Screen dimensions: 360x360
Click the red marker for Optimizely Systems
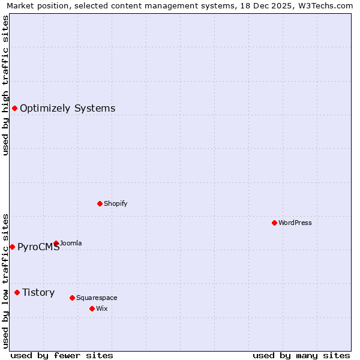coord(14,108)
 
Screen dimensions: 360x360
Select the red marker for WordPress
coord(274,223)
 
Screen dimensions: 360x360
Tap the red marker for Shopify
coord(100,203)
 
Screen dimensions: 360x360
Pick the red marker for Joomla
coord(56,243)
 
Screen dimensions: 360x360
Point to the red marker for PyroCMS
coord(12,247)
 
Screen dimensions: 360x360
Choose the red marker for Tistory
coord(17,292)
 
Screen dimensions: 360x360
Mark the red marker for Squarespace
coord(72,298)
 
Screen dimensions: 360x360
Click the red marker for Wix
coord(92,308)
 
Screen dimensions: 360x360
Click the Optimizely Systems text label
coord(67,109)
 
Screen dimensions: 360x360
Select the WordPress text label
coord(295,223)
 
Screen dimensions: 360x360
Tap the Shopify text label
coord(115,203)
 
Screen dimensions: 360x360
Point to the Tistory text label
coord(38,293)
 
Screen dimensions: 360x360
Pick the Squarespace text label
coord(97,298)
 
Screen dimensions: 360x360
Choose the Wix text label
coord(101,308)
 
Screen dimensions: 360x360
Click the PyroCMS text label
coord(38,247)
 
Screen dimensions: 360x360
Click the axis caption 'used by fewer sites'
coord(62,355)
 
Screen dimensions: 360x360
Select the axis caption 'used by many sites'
coord(301,355)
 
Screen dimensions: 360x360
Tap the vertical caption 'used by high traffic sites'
coord(5,85)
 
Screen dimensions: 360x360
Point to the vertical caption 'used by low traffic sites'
coord(5,281)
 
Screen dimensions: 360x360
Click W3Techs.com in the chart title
coord(325,6)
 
